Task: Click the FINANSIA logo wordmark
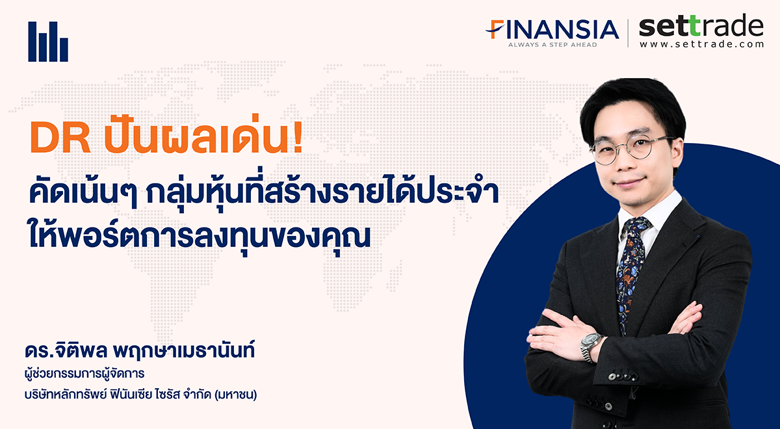[x=552, y=29]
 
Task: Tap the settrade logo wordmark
[x=701, y=25]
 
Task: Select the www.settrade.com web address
[x=701, y=44]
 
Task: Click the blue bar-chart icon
[x=48, y=42]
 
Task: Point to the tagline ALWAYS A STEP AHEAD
[x=552, y=45]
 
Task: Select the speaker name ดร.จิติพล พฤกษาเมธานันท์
[x=140, y=350]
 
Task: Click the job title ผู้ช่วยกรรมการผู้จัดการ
[x=84, y=374]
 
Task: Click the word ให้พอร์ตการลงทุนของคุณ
[x=199, y=237]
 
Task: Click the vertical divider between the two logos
[x=629, y=33]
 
